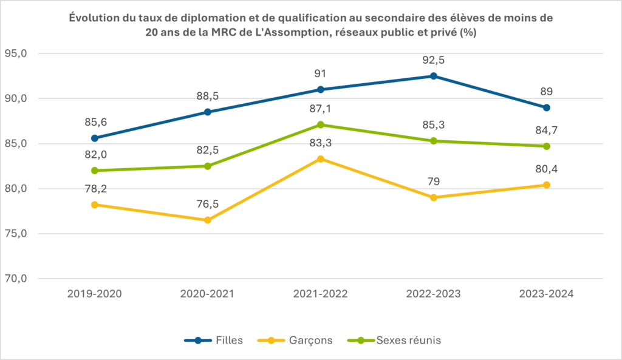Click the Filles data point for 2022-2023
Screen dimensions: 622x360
[434, 76]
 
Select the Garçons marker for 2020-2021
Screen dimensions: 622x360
[208, 220]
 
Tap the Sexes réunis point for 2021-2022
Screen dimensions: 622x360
[321, 125]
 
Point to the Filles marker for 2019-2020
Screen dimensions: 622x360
[94, 138]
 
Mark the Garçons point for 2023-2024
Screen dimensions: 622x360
[547, 185]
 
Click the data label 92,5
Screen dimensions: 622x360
[434, 60]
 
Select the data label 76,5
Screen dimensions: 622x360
[208, 204]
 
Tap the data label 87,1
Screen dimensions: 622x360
[321, 109]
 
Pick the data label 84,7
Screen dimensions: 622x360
[547, 131]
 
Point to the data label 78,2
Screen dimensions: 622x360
[95, 189]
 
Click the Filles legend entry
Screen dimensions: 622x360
[213, 340]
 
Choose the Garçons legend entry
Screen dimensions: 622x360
[295, 340]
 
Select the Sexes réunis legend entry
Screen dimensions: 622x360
[394, 340]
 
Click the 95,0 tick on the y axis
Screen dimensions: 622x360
[16, 53]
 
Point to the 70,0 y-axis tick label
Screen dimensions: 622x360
[16, 278]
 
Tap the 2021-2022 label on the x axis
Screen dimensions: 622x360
[321, 294]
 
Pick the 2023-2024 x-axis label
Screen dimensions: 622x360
[547, 294]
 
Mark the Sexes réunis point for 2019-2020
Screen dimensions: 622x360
[94, 171]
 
